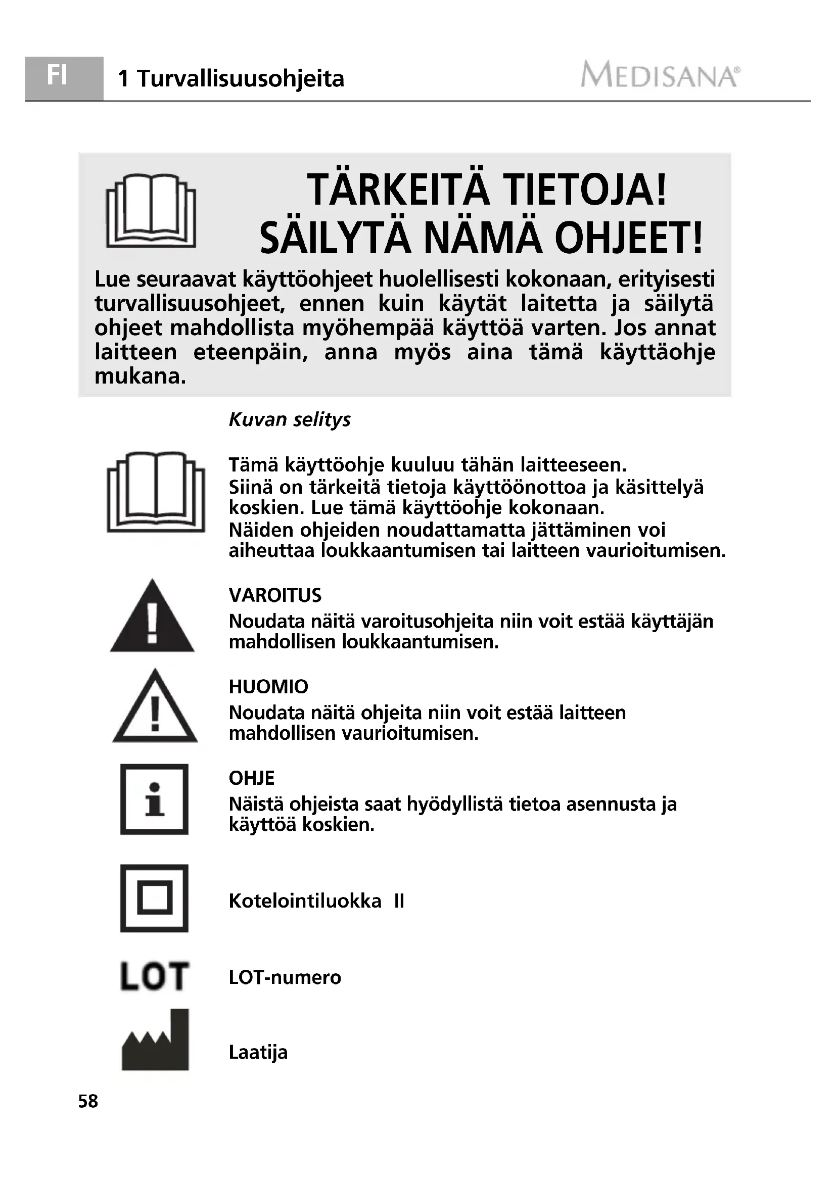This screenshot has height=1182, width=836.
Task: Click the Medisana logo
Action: pyautogui.click(x=661, y=75)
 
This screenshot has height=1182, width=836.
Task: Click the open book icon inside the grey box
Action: pyautogui.click(x=151, y=211)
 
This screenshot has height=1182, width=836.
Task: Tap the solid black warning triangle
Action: pyautogui.click(x=152, y=618)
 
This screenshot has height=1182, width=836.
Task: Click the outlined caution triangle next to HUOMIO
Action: pyautogui.click(x=155, y=708)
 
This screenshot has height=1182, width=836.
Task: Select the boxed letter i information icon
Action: pyautogui.click(x=155, y=799)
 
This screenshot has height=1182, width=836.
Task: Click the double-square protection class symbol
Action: pyautogui.click(x=155, y=899)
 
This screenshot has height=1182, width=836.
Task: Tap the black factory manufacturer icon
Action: pyautogui.click(x=155, y=1041)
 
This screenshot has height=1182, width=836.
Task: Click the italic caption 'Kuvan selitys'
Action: pyautogui.click(x=289, y=419)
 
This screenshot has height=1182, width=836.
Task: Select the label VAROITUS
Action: pyautogui.click(x=275, y=596)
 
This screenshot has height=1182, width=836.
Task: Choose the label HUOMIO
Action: pyautogui.click(x=268, y=687)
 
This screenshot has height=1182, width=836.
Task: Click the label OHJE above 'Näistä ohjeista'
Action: pyautogui.click(x=251, y=778)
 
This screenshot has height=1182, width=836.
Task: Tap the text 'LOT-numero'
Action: pyautogui.click(x=285, y=977)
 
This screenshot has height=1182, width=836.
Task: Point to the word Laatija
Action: pyautogui.click(x=258, y=1052)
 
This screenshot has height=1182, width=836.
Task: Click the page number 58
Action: pyautogui.click(x=88, y=1101)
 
